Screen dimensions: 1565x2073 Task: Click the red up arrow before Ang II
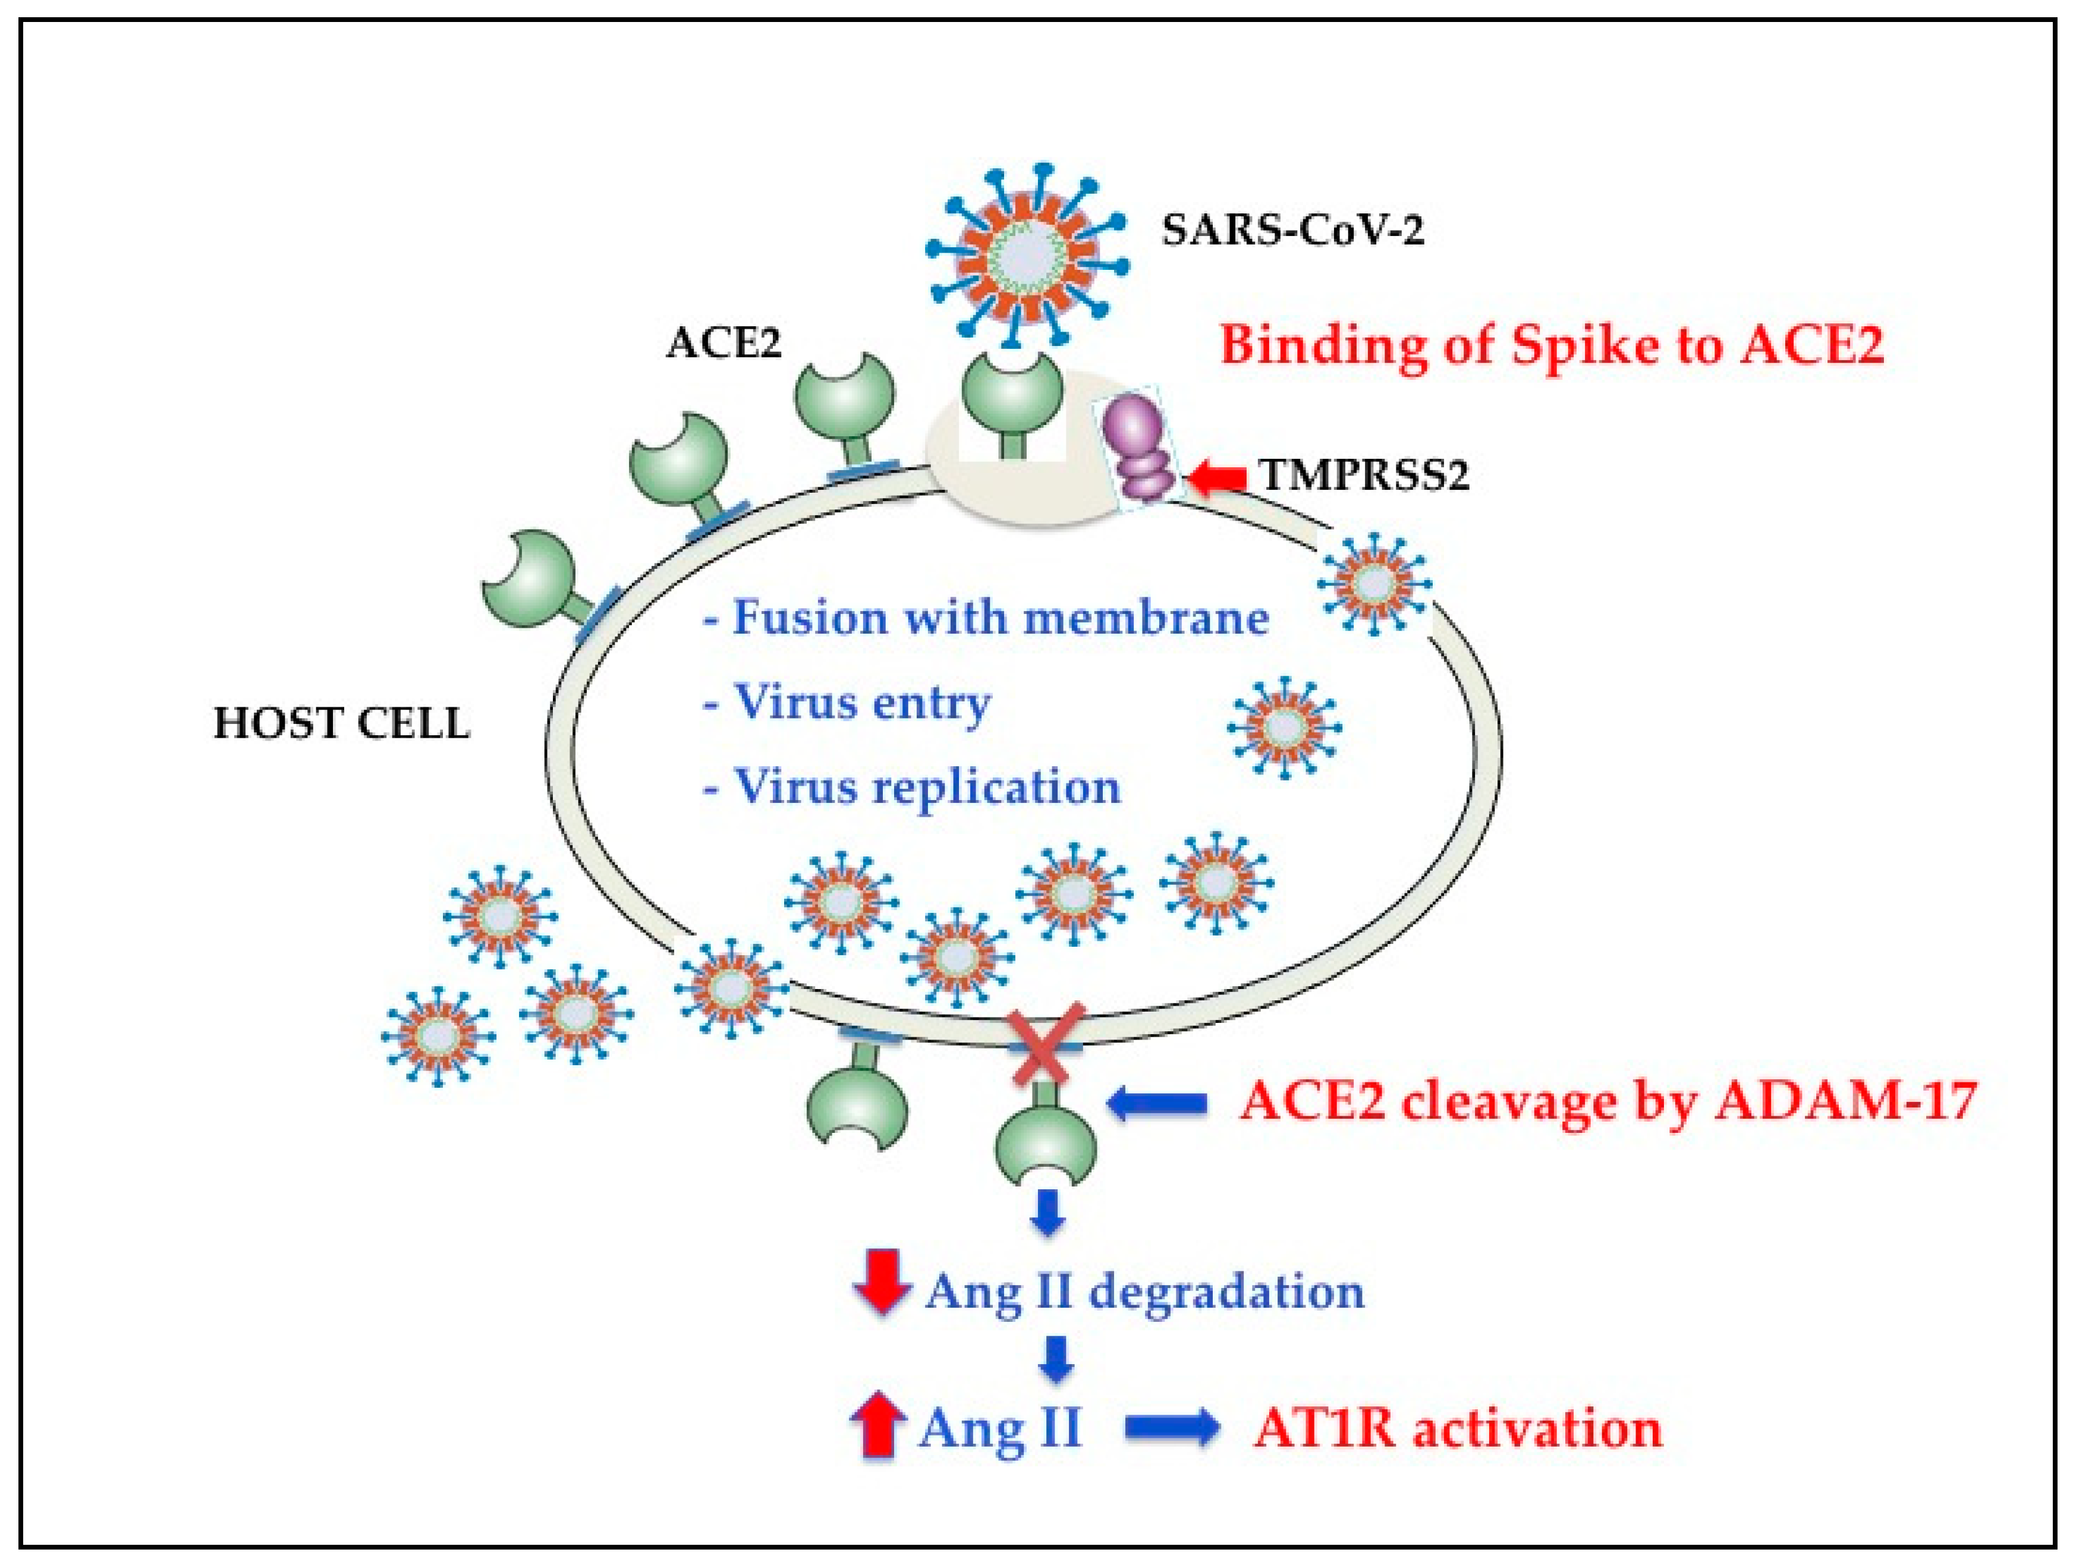(877, 1427)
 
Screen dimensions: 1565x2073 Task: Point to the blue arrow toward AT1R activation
(1172, 1427)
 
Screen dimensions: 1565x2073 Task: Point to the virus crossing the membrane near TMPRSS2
(1374, 583)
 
